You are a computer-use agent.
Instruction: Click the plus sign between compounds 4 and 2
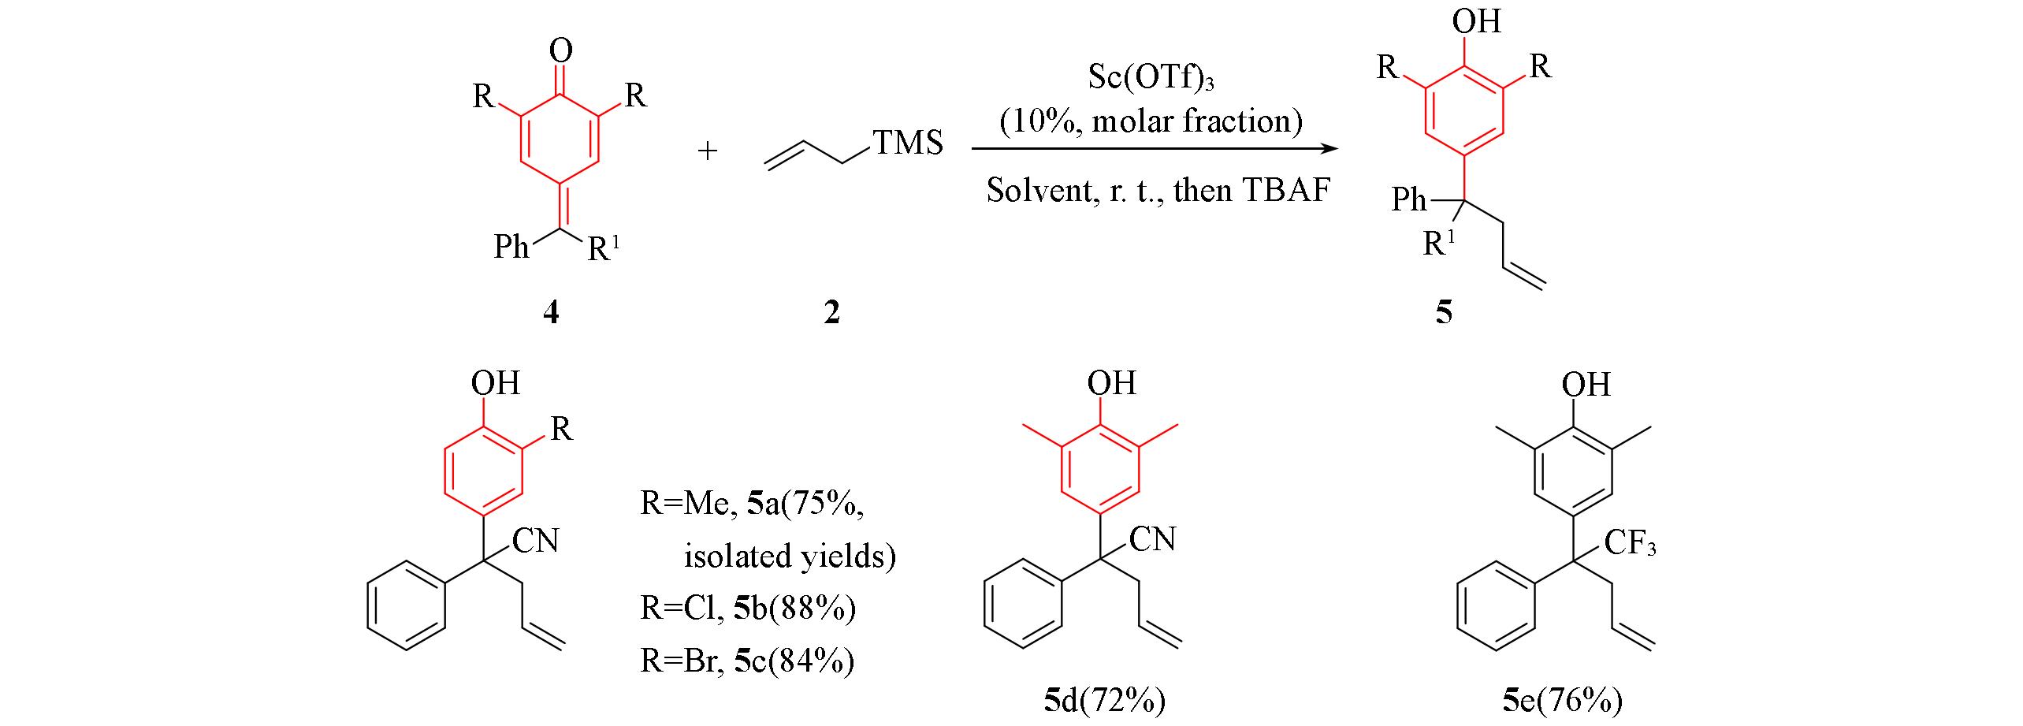[x=708, y=151]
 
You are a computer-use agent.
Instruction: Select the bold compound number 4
[x=551, y=313]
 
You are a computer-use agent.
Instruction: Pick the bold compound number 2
[x=832, y=313]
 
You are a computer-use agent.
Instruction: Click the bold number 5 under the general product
[x=1444, y=313]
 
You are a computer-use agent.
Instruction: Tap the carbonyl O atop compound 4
[x=560, y=51]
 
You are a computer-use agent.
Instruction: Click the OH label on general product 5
[x=1477, y=20]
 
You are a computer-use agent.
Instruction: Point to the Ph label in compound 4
[x=511, y=248]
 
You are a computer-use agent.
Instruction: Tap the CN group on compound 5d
[x=1153, y=539]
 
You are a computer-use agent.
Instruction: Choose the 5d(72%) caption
[x=1105, y=701]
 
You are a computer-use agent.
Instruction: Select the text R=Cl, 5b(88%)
[x=747, y=609]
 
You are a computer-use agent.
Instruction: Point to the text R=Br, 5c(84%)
[x=747, y=661]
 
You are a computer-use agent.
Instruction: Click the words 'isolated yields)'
[x=790, y=557]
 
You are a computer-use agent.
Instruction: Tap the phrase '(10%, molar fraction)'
[x=1151, y=121]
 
